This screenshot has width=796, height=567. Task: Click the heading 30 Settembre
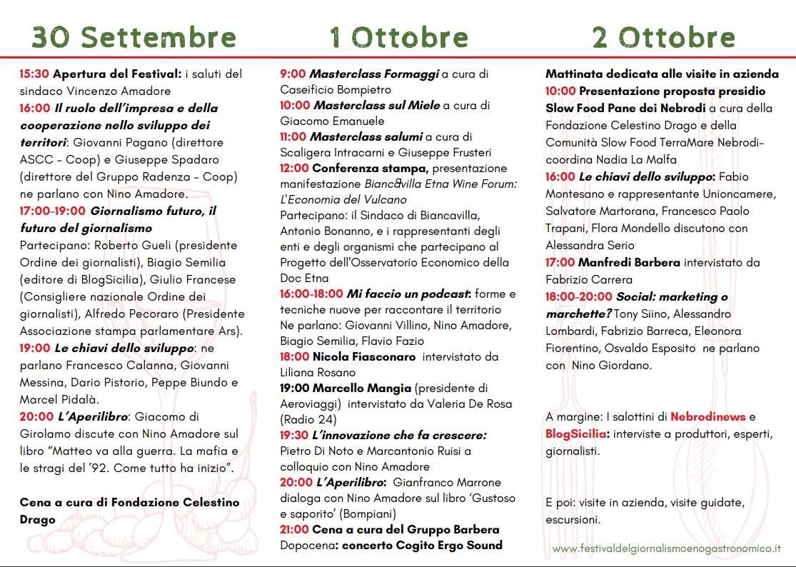[133, 36]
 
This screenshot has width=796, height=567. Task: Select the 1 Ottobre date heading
[398, 36]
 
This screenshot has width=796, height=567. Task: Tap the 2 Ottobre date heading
[664, 36]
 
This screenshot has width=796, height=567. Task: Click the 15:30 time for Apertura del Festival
[34, 74]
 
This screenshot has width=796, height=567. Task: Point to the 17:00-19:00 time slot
[53, 211]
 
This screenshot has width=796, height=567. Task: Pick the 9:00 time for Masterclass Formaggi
[293, 74]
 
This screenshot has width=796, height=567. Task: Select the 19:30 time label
[294, 435]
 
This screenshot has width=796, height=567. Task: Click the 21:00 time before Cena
[294, 529]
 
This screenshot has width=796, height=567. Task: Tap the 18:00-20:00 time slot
[579, 296]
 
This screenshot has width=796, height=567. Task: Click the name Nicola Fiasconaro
[365, 356]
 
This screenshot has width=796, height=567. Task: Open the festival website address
[666, 548]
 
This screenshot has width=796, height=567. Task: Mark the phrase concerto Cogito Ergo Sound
[422, 545]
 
